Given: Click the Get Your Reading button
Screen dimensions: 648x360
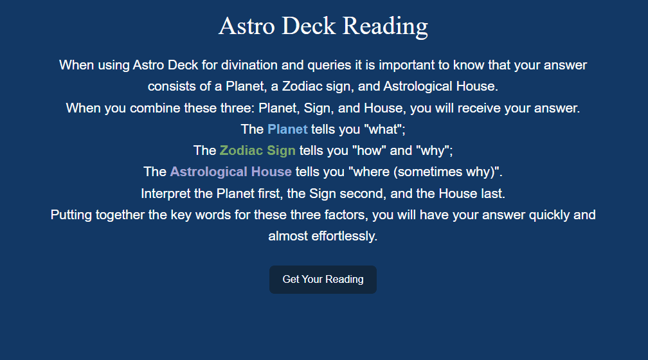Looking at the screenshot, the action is click(323, 280).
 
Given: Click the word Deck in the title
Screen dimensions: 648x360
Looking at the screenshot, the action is click(309, 26).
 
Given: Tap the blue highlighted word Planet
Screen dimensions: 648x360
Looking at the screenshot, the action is click(287, 129).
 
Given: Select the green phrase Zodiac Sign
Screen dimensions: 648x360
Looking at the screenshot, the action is click(257, 150).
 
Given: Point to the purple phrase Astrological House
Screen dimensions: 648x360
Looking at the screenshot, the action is click(231, 172).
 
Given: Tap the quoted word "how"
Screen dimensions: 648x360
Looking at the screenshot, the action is click(369, 150).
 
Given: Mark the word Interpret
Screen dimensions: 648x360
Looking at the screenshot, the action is click(167, 194).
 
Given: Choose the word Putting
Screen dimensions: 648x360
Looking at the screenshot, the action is click(71, 215).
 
